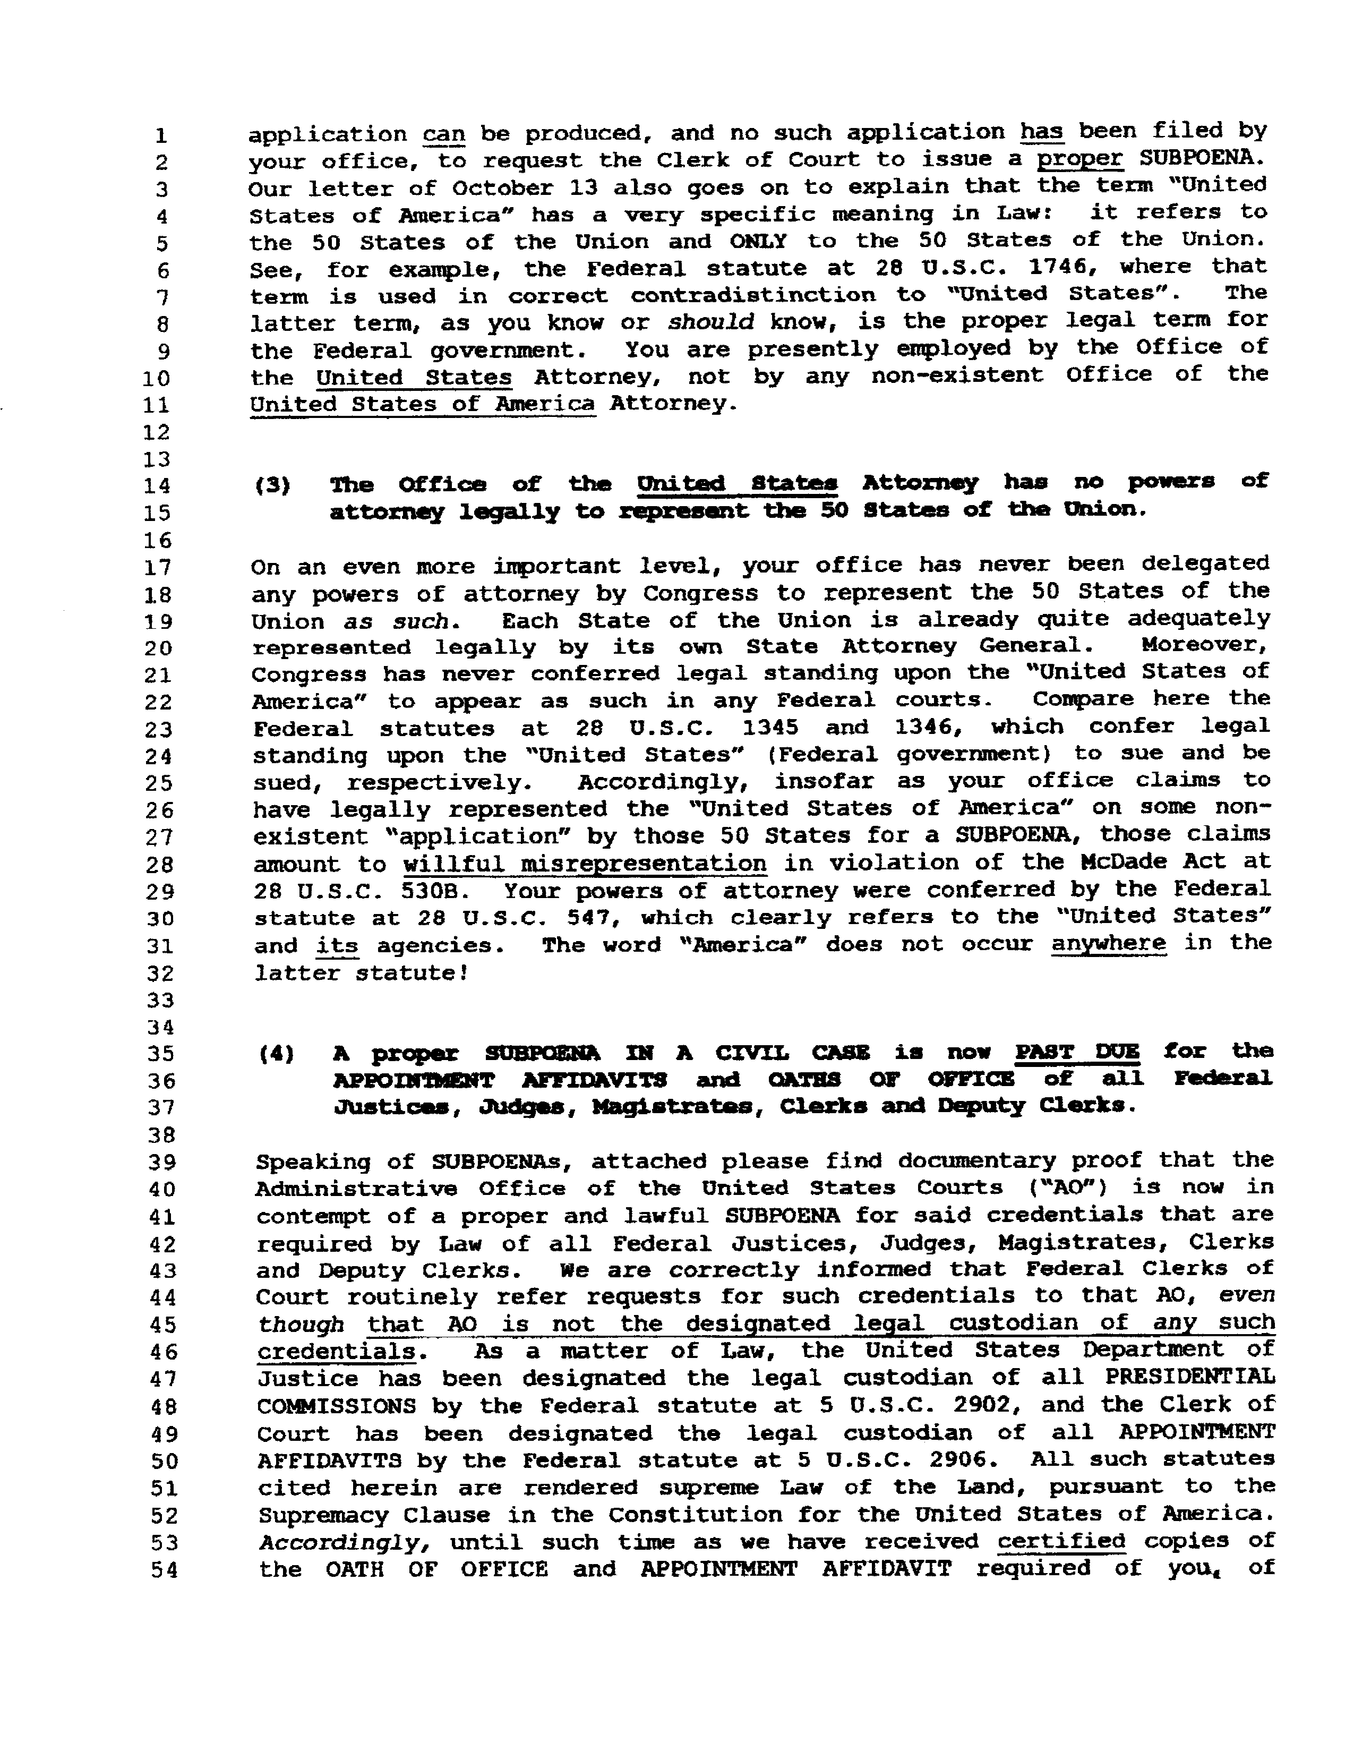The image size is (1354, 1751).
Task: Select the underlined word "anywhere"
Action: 1108,944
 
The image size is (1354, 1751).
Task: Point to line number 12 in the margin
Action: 157,432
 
